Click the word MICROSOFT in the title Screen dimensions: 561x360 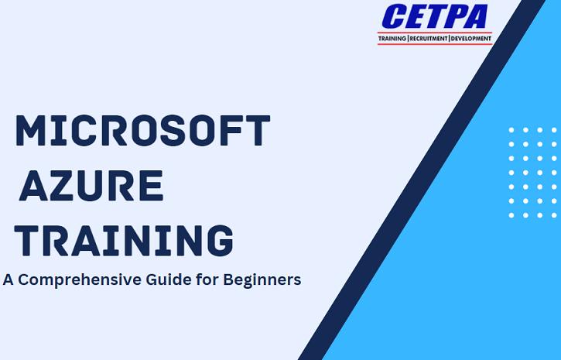point(142,130)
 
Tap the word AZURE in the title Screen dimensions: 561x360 point(91,185)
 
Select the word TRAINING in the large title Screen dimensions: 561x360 point(124,241)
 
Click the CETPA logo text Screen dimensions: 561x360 point(435,16)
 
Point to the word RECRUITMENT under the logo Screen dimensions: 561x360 point(429,38)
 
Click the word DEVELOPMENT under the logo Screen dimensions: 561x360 point(470,38)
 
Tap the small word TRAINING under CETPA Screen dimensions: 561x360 point(392,38)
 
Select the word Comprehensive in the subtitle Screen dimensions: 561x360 point(80,279)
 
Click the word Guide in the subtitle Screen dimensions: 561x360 point(169,279)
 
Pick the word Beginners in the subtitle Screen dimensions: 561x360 point(262,279)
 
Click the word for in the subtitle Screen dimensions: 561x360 point(207,279)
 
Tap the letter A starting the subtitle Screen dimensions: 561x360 point(9,279)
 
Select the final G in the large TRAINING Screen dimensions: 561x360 point(221,241)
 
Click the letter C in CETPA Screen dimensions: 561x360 point(395,16)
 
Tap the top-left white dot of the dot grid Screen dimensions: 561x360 point(511,130)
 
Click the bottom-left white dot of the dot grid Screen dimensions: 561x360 point(511,215)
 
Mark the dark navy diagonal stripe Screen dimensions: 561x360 point(422,180)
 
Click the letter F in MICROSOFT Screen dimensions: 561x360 point(231,130)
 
